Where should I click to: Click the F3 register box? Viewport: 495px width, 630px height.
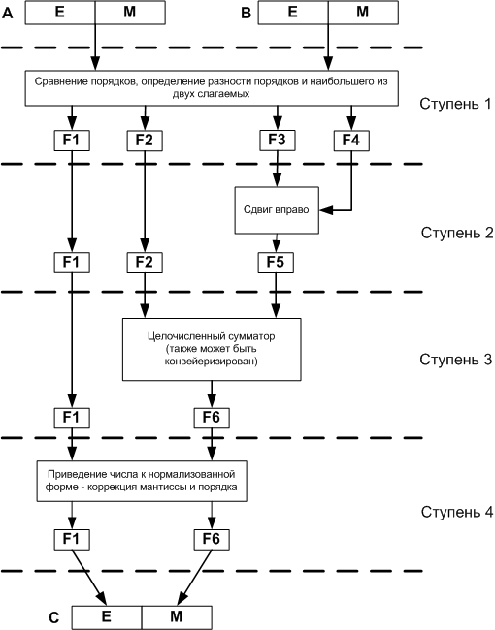click(x=278, y=141)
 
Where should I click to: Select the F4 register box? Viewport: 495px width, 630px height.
click(x=351, y=141)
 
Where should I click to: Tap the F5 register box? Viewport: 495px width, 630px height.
click(x=276, y=263)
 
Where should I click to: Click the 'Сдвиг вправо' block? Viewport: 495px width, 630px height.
click(x=277, y=210)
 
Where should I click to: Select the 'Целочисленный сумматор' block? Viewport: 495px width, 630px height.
click(x=212, y=349)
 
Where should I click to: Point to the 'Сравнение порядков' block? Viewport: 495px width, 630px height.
click(x=212, y=88)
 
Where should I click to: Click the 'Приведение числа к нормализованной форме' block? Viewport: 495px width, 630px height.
click(x=142, y=481)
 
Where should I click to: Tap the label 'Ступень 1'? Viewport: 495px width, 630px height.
click(x=455, y=104)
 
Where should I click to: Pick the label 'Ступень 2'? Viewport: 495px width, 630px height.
click(x=457, y=233)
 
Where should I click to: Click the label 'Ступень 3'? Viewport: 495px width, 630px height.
click(x=456, y=360)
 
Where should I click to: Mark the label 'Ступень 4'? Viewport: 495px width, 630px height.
click(x=457, y=512)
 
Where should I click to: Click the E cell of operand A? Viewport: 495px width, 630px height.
click(x=60, y=13)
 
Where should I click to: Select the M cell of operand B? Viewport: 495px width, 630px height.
click(x=363, y=13)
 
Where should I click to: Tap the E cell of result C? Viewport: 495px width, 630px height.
click(x=107, y=617)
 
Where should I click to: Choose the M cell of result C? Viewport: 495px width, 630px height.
click(x=177, y=617)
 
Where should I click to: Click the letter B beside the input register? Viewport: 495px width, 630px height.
click(x=246, y=14)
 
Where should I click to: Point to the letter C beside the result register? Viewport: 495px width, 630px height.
click(x=54, y=617)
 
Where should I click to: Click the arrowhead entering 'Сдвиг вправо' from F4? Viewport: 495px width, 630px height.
click(x=325, y=210)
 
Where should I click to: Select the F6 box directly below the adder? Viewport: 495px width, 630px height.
click(x=212, y=418)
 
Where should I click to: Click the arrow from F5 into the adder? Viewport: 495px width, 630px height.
click(x=276, y=296)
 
